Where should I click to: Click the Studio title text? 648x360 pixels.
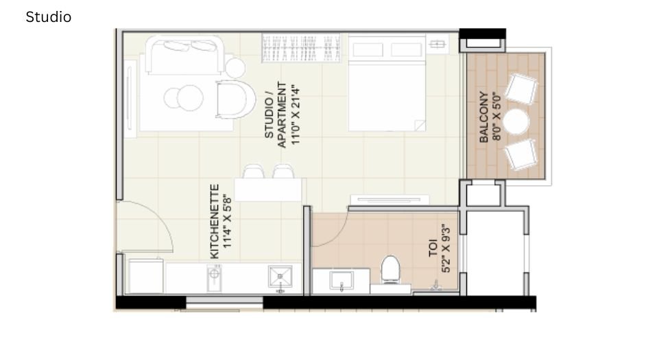pos(48,17)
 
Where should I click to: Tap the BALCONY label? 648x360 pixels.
pos(484,117)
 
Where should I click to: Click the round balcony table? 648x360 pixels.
pos(516,123)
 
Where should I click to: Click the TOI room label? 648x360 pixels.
pos(433,248)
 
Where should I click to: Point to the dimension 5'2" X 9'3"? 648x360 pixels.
pos(446,248)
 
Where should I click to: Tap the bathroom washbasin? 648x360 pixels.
pos(341,280)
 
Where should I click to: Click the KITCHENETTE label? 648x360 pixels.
pos(215,221)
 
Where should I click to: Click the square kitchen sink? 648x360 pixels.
pos(280,278)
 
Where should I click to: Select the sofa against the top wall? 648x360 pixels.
pos(184,56)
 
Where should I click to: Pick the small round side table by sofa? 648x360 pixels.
pos(235,67)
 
